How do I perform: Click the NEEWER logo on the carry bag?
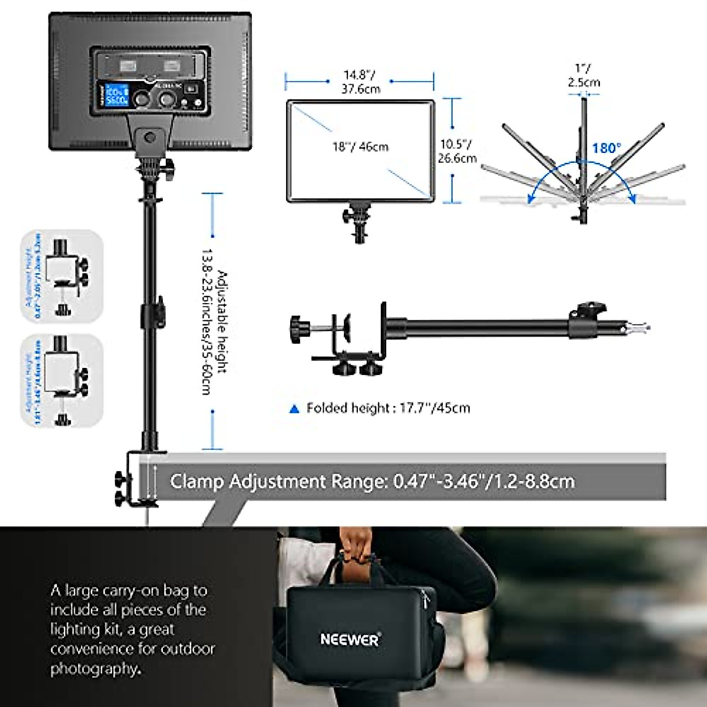pos(350,639)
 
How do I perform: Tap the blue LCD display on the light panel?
pos(117,96)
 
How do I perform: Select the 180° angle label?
pos(606,147)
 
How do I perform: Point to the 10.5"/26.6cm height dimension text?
pos(457,151)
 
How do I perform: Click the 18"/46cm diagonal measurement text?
pos(360,146)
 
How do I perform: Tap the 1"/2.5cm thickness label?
pos(583,76)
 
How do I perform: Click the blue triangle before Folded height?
pos(295,408)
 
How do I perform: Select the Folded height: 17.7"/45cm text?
pos(388,408)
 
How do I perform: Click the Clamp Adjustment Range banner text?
pos(372,481)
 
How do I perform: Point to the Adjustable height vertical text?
pos(214,321)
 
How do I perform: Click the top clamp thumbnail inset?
pos(62,276)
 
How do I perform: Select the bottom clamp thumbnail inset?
pos(62,380)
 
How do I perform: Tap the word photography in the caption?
pos(94,669)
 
